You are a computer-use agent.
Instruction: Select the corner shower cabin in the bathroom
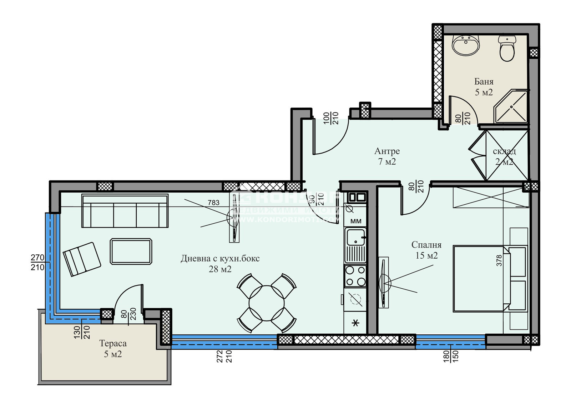[511, 106]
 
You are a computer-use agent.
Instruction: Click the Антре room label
[387, 151]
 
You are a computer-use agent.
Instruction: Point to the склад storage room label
[504, 151]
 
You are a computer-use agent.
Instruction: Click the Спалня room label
[426, 245]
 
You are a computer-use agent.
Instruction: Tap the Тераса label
[113, 344]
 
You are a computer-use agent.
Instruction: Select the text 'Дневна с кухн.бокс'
[220, 258]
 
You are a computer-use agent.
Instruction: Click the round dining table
[267, 303]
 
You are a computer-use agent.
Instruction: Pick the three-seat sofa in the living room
[125, 211]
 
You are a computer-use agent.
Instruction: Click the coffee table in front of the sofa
[131, 252]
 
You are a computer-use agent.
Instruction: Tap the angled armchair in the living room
[82, 259]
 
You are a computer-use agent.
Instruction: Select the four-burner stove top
[355, 276]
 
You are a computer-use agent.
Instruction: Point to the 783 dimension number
[213, 203]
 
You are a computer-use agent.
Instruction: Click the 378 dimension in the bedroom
[499, 260]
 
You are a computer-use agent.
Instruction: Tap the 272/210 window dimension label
[224, 356]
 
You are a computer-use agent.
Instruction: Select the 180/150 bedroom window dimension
[451, 356]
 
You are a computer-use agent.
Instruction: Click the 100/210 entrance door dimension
[331, 118]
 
